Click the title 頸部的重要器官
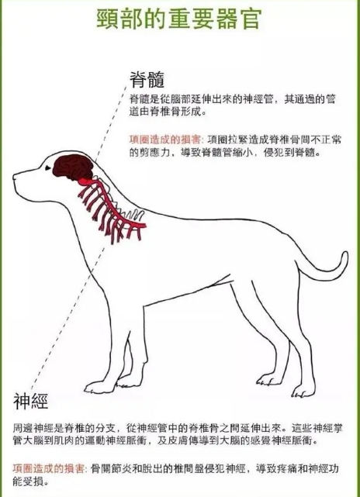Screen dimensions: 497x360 click(x=180, y=19)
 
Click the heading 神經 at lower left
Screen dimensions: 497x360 click(x=31, y=402)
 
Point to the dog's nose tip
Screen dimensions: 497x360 click(x=14, y=177)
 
